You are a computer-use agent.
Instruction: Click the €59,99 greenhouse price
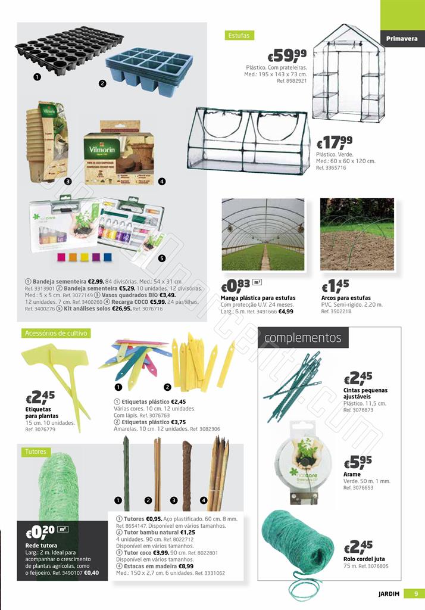(287, 56)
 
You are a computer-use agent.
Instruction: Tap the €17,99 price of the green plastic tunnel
(335, 143)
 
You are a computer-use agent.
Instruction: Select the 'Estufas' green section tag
(239, 35)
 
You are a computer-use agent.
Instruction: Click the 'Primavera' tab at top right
(402, 39)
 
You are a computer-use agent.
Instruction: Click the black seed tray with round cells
(68, 54)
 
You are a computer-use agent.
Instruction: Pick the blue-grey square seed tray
(149, 69)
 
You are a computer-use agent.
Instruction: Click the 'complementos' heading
(302, 338)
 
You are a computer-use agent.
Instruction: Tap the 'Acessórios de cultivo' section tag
(56, 334)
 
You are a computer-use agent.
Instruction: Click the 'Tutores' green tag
(35, 452)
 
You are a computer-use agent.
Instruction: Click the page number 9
(414, 593)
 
